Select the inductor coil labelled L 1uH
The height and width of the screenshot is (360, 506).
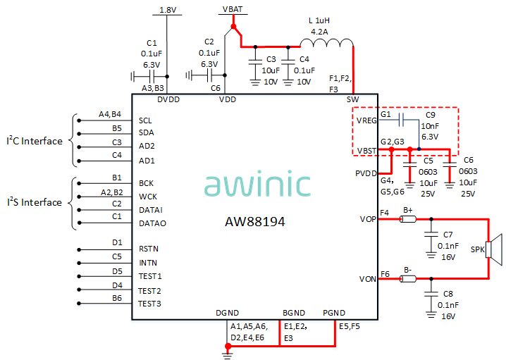(332, 45)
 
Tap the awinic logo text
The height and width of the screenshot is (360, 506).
(257, 185)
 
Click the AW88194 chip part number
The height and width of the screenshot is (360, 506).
(254, 221)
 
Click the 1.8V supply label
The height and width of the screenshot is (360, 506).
(168, 10)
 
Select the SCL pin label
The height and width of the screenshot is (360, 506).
(145, 120)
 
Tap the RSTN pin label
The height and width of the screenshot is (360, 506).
(149, 249)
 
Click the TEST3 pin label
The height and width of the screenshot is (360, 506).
(150, 304)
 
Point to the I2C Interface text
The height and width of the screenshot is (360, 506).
(35, 141)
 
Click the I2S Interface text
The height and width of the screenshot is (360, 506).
(35, 203)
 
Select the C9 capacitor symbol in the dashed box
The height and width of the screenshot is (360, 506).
(402, 119)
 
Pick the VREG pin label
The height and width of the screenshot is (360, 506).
(367, 120)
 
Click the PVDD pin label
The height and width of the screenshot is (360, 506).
(366, 172)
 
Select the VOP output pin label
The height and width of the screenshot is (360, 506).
(367, 219)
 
